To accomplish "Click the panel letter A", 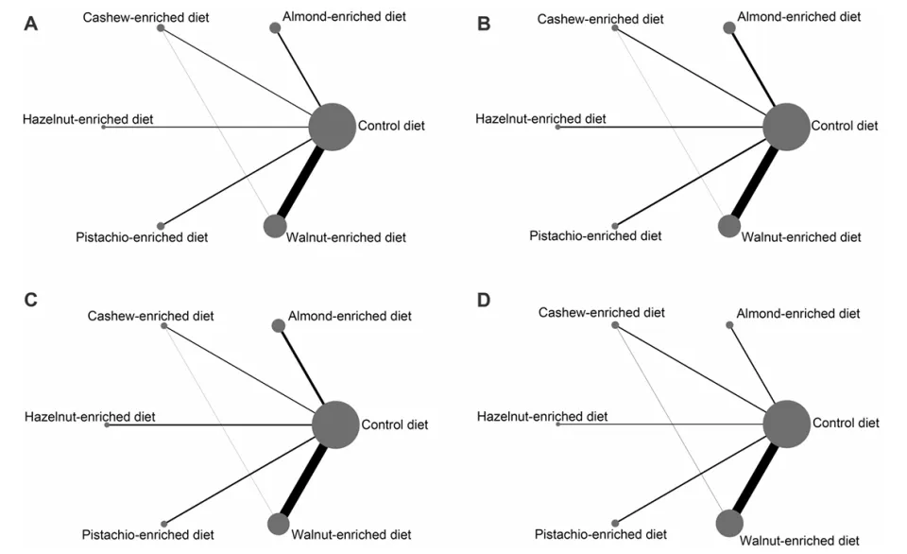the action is point(30,24).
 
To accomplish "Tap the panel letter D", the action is point(484,300).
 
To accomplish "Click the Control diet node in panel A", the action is point(332,127).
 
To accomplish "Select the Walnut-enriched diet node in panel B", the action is point(728,226).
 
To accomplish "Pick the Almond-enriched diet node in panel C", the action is point(278,325).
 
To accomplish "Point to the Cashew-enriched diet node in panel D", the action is point(615,325).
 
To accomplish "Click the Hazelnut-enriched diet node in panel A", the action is point(104,127).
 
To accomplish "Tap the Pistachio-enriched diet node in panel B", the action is point(615,226).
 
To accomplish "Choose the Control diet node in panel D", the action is point(787,424).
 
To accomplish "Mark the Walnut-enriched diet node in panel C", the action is point(278,524).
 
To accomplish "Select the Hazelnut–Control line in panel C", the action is point(210,424).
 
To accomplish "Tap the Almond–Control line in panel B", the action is point(754,69).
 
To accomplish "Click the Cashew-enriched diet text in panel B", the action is point(601,19).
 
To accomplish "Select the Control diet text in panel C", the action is point(395,424).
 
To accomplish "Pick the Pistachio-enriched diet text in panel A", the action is point(142,237).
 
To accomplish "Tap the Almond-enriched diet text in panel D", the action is point(797,314).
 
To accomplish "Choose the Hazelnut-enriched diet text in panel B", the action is point(540,119).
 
